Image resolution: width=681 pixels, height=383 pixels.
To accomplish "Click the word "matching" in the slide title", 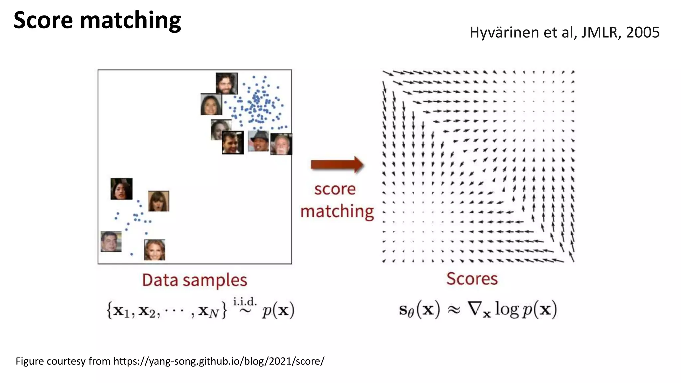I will coord(130,21).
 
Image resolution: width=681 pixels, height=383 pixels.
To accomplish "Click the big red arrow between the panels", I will coord(337,164).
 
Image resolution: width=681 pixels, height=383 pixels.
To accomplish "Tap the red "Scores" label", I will coord(472,279).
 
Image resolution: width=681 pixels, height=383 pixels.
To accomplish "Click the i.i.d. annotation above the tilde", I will coord(245,302).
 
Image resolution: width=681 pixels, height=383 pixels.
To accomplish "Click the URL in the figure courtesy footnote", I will coord(219,361).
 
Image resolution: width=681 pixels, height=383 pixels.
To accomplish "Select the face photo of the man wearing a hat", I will coord(258,141).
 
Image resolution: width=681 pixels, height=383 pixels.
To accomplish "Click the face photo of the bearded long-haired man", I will coord(227,83).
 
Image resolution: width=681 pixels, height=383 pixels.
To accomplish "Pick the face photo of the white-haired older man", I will coord(281,144).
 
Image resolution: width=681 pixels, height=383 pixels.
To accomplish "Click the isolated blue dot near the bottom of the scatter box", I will coord(132,254).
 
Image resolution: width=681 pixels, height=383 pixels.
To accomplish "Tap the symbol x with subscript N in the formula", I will coord(208,311).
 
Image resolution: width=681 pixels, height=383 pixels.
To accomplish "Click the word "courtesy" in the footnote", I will coord(66,361).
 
